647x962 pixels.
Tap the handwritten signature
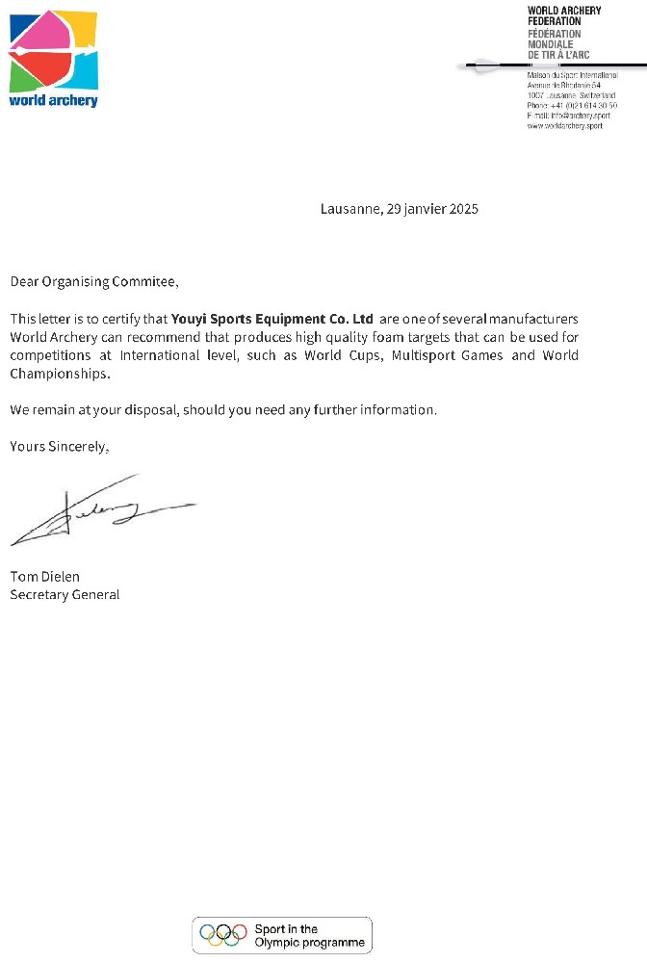pos(96,510)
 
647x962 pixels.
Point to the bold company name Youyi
pos(189,318)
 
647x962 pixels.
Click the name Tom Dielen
pos(44,577)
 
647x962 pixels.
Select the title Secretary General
pos(65,595)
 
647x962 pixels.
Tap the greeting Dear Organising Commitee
pos(93,282)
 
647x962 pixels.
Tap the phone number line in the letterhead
pos(573,106)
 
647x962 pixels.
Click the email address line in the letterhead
pos(569,117)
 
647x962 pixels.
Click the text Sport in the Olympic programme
pos(309,936)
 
